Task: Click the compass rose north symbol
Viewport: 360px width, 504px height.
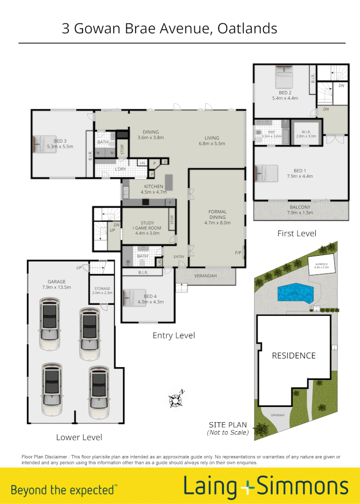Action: click(176, 399)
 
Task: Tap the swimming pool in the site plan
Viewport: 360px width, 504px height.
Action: click(296, 293)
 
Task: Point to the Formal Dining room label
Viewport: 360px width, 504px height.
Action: click(217, 217)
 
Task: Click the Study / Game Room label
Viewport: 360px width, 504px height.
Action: click(147, 225)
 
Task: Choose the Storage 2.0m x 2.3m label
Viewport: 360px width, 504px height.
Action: click(101, 291)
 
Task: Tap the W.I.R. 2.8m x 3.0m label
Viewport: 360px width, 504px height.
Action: click(306, 133)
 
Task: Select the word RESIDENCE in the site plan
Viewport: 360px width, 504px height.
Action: click(294, 356)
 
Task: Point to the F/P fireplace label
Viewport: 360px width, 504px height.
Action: click(238, 253)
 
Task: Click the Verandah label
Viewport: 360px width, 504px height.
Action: click(206, 276)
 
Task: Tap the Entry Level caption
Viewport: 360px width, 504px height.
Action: click(173, 335)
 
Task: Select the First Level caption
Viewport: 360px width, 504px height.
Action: click(297, 233)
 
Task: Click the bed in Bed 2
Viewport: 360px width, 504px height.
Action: click(284, 77)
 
